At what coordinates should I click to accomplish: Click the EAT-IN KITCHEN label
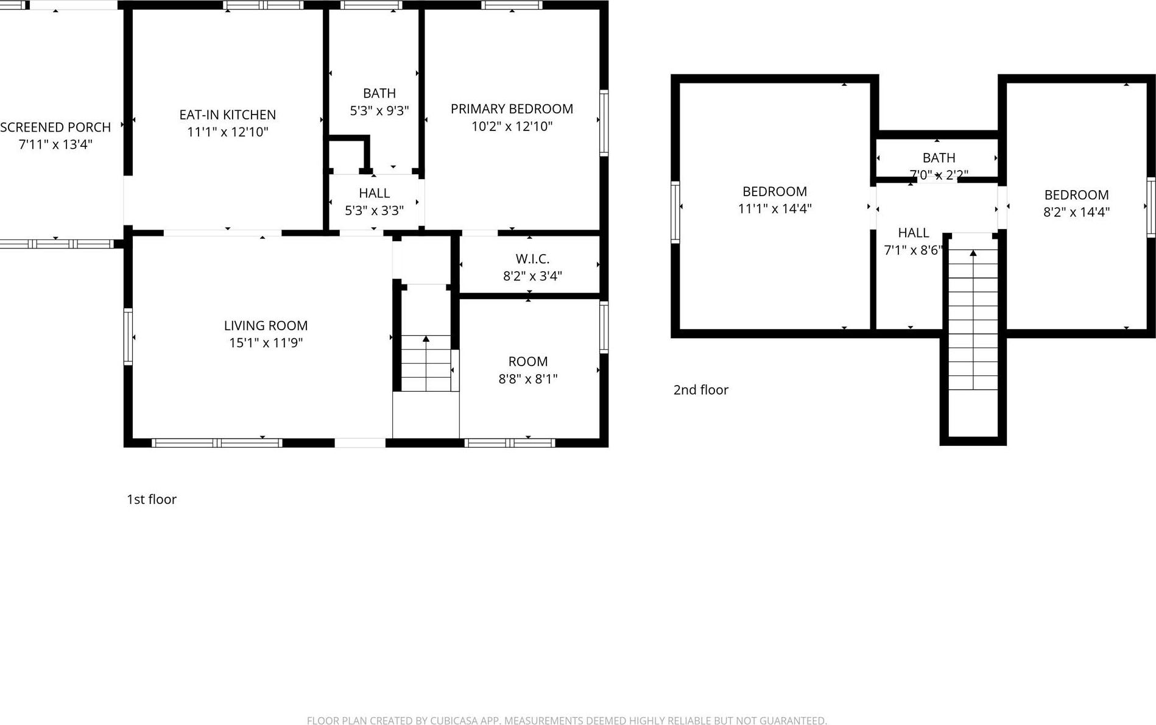227,115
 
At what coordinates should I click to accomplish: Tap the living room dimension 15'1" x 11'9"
266,343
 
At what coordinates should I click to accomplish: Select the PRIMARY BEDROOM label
512,109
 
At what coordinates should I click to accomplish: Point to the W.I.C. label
532,259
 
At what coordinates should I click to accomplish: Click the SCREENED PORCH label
55,127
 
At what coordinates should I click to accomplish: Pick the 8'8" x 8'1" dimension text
528,379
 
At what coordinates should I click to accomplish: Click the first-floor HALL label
374,193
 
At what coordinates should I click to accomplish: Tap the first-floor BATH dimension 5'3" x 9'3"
379,111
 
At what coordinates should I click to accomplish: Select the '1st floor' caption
152,500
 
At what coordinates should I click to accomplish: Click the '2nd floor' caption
700,390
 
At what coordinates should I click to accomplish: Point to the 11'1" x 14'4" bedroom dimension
775,209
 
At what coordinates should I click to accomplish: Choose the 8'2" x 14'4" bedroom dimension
1076,212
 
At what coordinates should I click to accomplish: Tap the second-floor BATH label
939,158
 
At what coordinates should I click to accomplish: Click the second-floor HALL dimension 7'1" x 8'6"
913,250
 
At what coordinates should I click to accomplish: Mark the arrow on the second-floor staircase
973,253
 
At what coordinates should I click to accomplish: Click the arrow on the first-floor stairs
426,339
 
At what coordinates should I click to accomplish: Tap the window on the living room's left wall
128,337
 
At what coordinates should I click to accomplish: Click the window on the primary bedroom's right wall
604,123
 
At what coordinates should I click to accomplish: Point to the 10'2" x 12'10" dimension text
512,127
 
